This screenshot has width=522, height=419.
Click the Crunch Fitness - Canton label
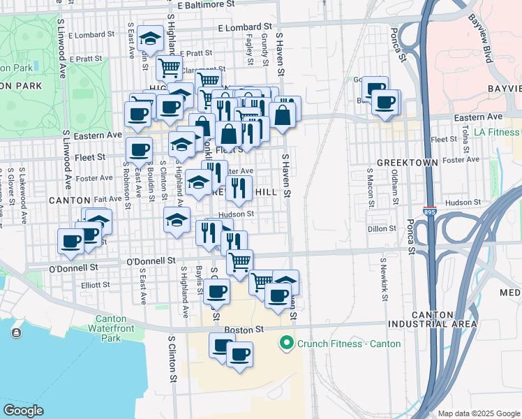click(x=349, y=344)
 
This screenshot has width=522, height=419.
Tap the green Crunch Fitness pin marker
click(x=285, y=343)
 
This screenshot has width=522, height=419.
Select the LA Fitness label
click(x=496, y=131)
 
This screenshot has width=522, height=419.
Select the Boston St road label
click(x=244, y=329)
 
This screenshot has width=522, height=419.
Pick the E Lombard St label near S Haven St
click(x=244, y=28)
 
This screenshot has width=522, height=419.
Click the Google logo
click(x=23, y=410)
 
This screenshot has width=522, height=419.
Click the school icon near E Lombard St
click(x=149, y=40)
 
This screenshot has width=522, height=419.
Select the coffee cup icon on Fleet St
click(x=138, y=149)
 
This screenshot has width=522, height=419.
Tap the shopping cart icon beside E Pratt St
click(x=169, y=68)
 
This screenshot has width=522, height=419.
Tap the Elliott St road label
click(x=95, y=285)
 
